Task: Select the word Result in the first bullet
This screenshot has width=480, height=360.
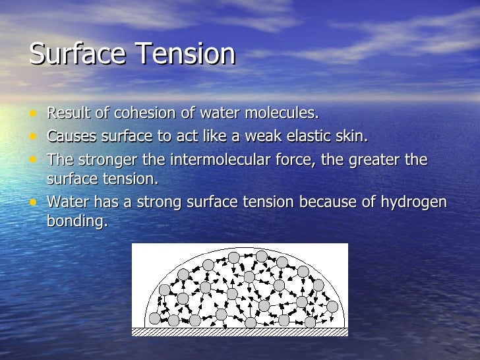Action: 68,113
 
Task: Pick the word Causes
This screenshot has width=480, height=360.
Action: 71,136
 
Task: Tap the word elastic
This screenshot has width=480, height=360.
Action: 305,136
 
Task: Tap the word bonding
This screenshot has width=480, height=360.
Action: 76,221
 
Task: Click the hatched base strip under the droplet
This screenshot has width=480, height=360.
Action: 240,332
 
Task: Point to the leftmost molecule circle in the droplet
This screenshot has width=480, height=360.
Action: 155,318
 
